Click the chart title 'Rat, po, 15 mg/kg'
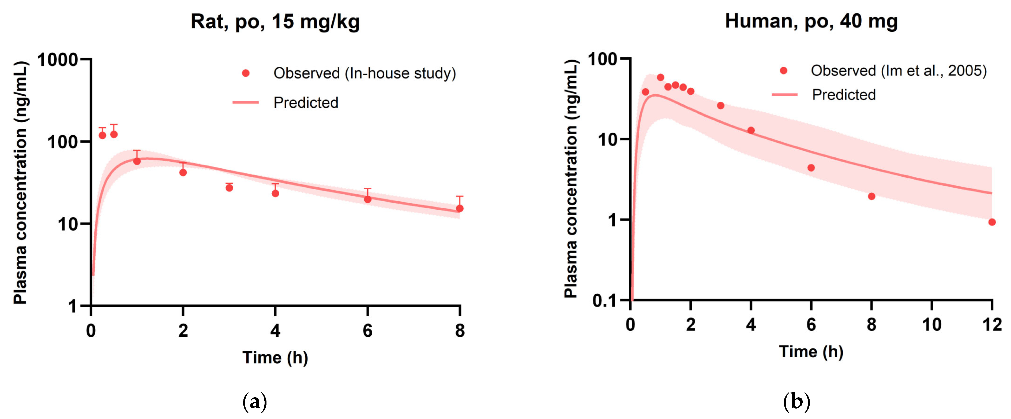275,22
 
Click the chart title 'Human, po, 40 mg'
811,21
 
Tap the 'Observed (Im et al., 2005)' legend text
898,71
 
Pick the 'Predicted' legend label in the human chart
843,95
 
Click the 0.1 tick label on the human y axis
604,301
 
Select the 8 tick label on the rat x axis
460,331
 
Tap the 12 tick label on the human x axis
992,325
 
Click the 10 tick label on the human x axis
931,325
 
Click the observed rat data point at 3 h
229,188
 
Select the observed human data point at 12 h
992,222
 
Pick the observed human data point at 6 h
811,168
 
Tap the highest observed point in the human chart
660,77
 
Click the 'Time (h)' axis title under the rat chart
275,357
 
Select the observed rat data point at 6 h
367,199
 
